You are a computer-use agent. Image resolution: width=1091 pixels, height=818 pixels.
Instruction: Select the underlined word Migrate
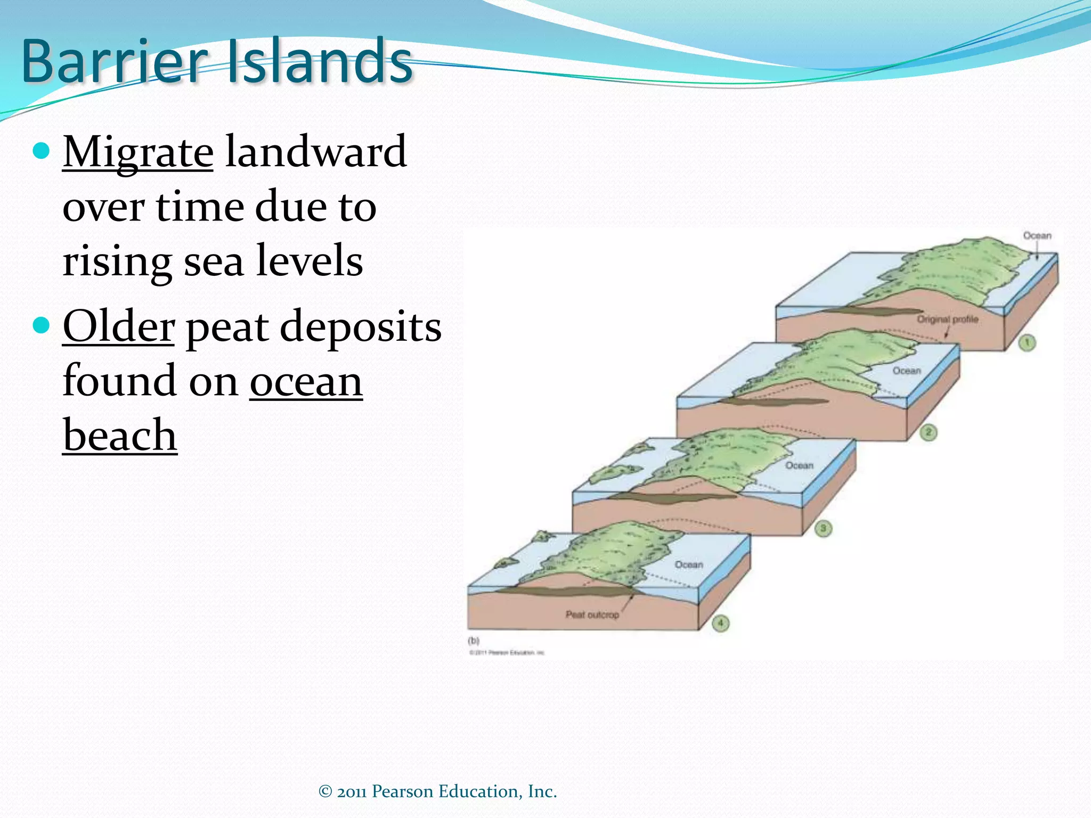click(x=138, y=153)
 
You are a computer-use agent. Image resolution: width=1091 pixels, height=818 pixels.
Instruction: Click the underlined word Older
click(x=118, y=326)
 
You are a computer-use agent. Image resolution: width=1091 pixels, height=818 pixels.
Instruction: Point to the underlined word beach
click(x=120, y=436)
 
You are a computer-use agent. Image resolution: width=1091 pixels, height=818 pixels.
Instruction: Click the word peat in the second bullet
click(x=226, y=328)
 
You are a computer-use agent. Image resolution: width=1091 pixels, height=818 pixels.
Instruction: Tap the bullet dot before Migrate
click(x=41, y=151)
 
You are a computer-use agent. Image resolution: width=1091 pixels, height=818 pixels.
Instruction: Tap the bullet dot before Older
click(x=41, y=324)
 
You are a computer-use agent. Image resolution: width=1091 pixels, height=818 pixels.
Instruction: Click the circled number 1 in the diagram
click(x=1027, y=342)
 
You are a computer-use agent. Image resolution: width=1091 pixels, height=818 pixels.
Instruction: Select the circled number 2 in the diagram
click(x=928, y=432)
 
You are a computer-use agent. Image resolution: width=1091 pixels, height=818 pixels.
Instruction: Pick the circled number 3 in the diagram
click(x=823, y=528)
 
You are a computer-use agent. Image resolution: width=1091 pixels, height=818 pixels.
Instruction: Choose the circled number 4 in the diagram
click(x=720, y=623)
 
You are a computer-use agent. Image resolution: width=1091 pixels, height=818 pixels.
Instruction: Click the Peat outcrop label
click(x=592, y=615)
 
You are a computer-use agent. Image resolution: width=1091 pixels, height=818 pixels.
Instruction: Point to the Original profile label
click(x=947, y=319)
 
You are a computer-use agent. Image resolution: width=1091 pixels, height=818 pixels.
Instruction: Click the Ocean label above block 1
click(x=1037, y=235)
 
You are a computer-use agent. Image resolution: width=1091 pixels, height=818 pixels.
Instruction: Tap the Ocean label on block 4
click(x=689, y=565)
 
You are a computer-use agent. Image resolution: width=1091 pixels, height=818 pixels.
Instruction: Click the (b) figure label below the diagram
click(x=473, y=641)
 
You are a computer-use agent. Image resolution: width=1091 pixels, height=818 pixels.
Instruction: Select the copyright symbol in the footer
click(x=325, y=792)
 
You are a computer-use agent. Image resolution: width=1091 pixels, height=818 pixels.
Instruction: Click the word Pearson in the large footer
click(x=402, y=791)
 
